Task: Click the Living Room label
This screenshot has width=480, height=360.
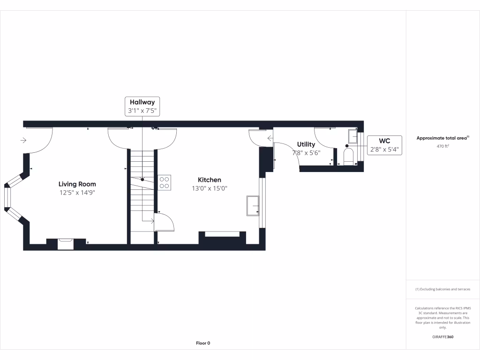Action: [x=77, y=184]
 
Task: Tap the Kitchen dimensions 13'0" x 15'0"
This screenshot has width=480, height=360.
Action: [x=210, y=188]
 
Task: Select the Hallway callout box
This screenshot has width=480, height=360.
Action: [x=142, y=106]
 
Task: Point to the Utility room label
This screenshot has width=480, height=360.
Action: [x=306, y=144]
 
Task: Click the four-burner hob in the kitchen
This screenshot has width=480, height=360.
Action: [x=165, y=182]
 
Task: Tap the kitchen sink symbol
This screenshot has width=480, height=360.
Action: [x=253, y=206]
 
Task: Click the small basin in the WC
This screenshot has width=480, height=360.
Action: [x=353, y=136]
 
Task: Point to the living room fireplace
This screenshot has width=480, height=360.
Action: [x=66, y=243]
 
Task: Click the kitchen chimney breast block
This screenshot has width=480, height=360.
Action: [x=222, y=240]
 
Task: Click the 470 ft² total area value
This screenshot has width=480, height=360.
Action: [x=442, y=146]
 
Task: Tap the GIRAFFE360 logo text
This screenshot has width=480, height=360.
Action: [x=442, y=337]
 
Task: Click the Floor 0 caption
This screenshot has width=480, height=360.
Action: [x=203, y=343]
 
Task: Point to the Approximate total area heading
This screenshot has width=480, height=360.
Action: [x=442, y=138]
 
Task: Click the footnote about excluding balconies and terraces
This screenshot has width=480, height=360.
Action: [x=442, y=289]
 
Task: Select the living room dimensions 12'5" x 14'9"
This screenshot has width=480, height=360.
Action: [x=77, y=193]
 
